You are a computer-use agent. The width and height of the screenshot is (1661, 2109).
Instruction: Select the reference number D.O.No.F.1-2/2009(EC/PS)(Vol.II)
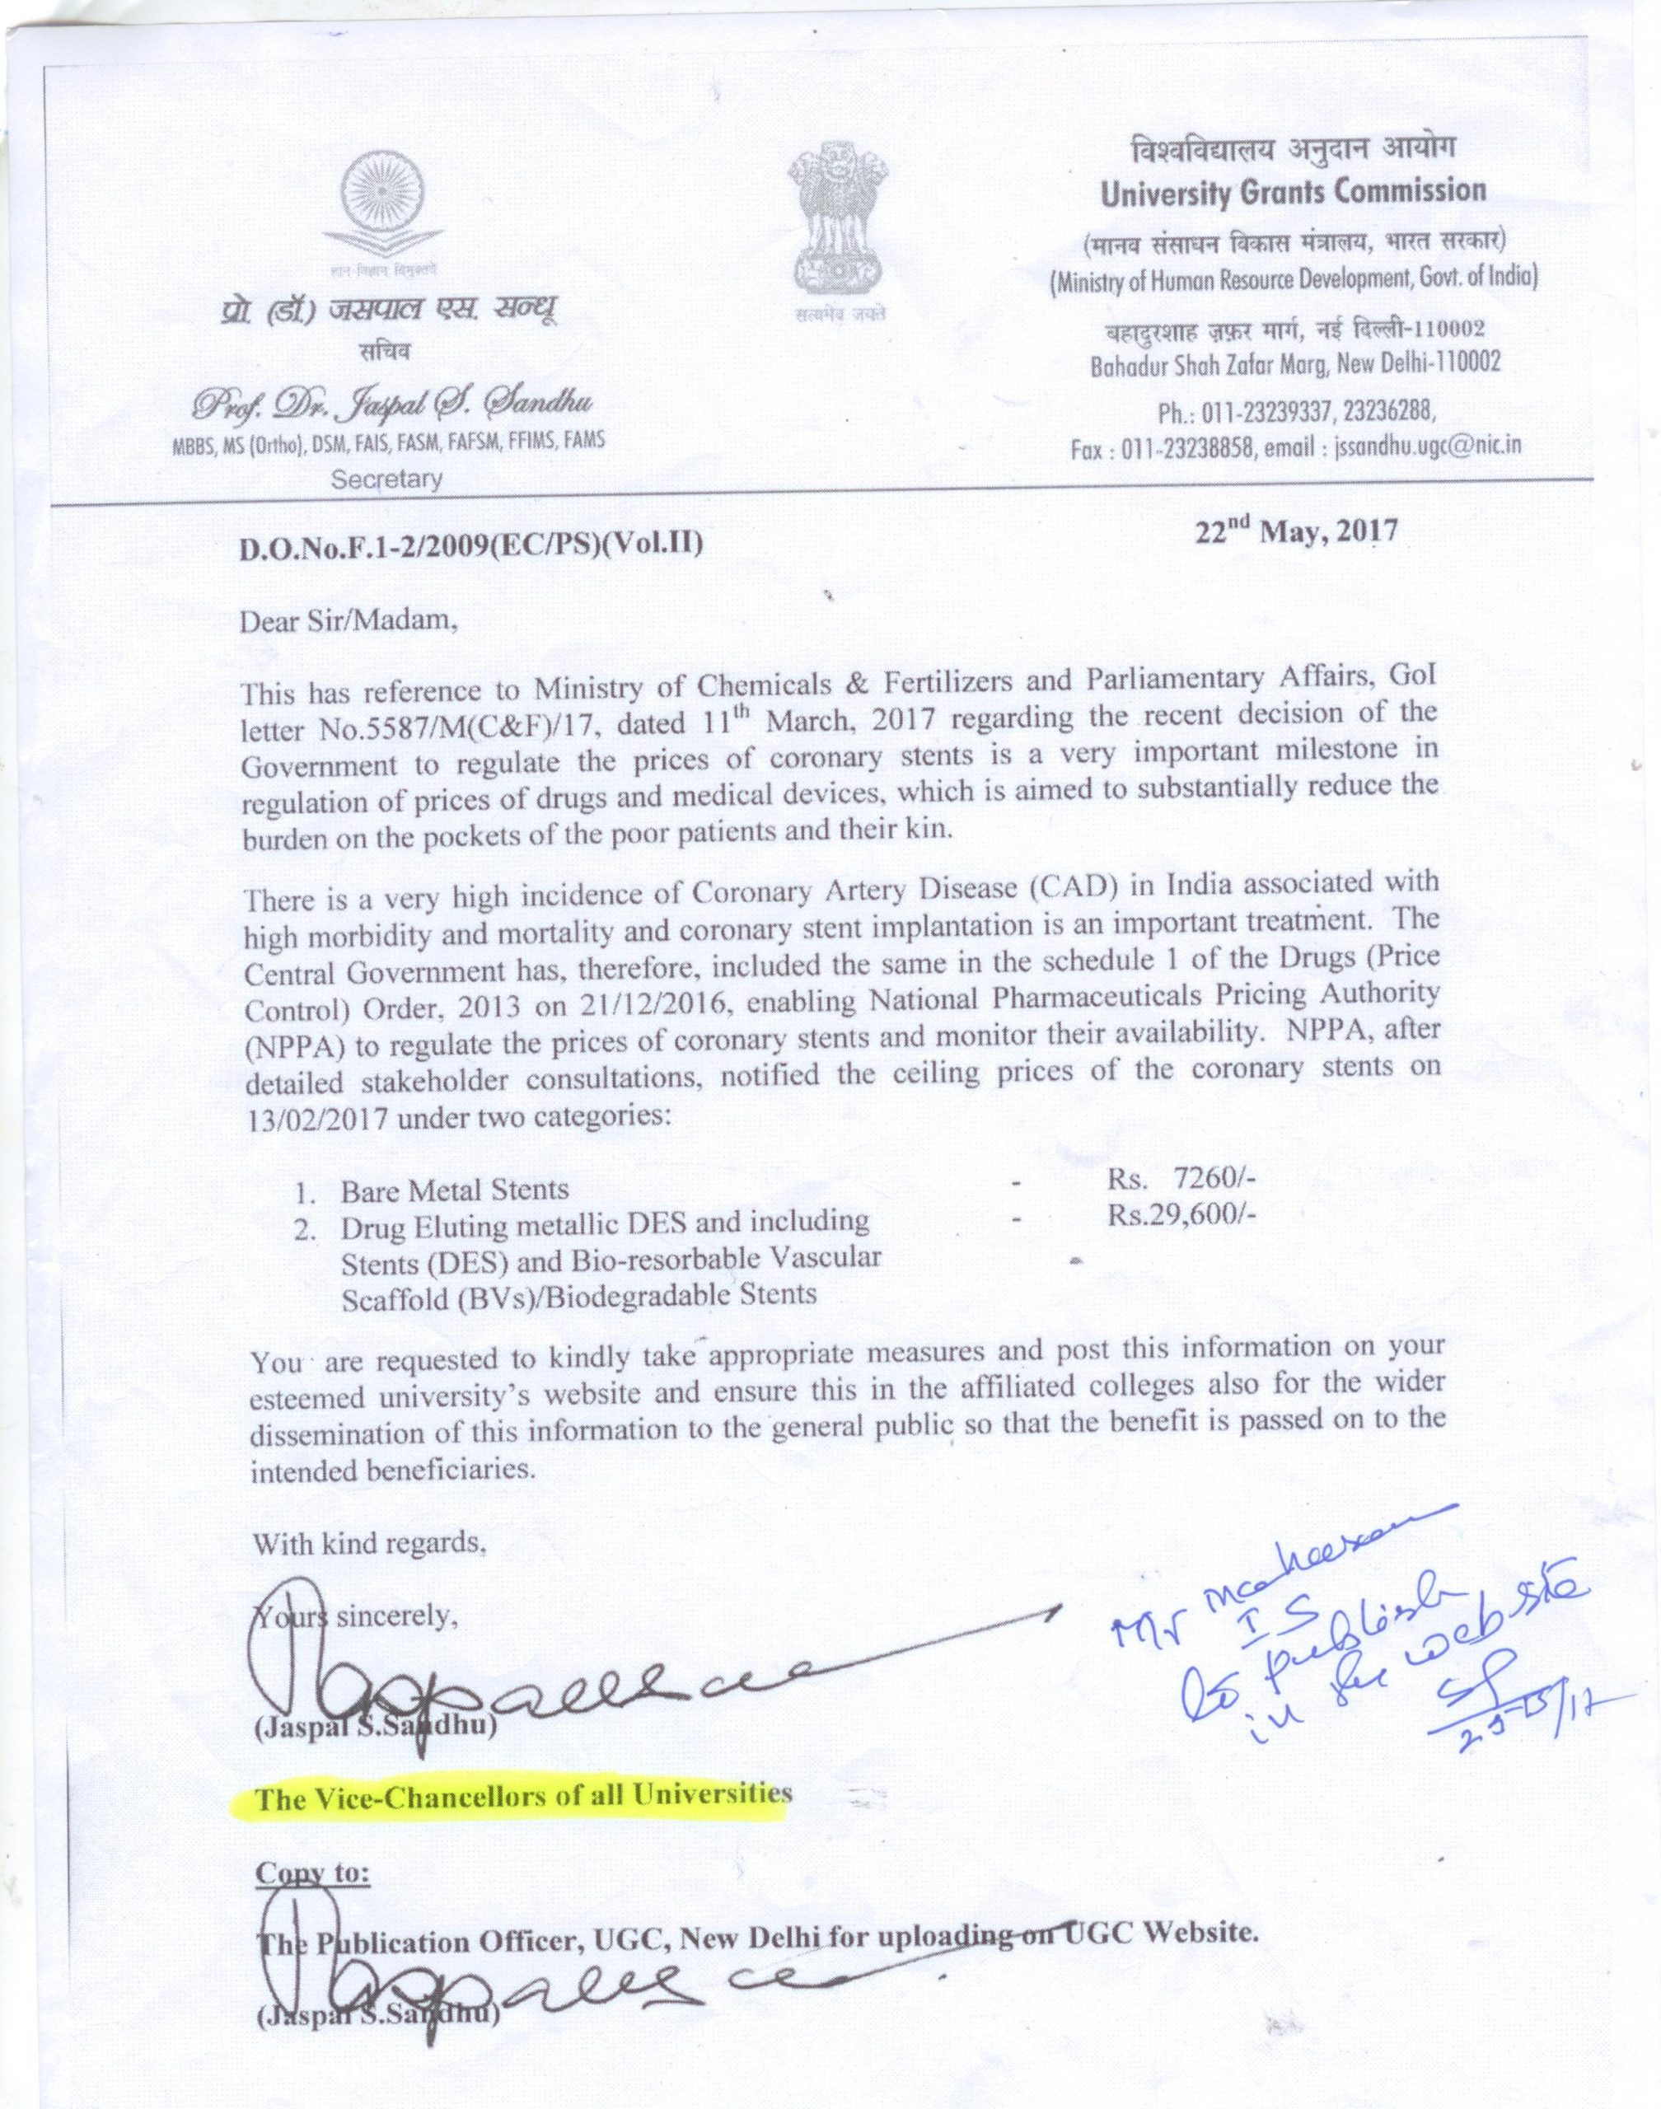(470, 546)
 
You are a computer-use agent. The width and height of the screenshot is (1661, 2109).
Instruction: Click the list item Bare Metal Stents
(454, 1189)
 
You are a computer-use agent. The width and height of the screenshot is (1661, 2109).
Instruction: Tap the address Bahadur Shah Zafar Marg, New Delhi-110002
(1294, 363)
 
